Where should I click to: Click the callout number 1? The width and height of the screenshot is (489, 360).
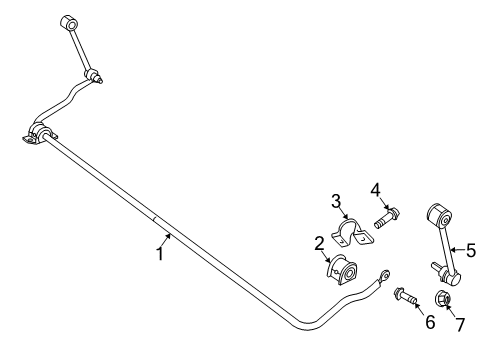(158, 254)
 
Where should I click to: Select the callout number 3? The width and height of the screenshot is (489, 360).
(336, 200)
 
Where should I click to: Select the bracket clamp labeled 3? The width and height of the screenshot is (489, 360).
(351, 236)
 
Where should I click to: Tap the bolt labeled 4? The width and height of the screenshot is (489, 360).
(387, 214)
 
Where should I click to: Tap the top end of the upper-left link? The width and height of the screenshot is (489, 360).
(69, 22)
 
